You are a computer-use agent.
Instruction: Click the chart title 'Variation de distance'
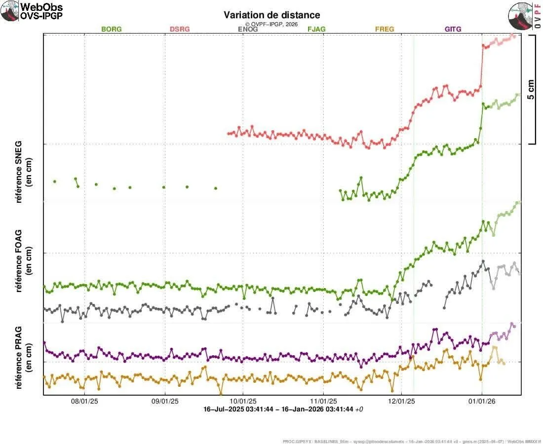[x=271, y=15]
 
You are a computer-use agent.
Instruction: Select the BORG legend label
[x=111, y=29]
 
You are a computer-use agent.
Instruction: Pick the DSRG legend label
[x=179, y=29]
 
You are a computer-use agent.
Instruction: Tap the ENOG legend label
[x=248, y=29]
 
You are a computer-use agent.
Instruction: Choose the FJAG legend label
[x=316, y=29]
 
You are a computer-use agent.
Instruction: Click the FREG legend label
[x=385, y=29]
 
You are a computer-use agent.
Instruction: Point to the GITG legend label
[x=453, y=29]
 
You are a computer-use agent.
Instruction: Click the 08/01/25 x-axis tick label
[x=84, y=402]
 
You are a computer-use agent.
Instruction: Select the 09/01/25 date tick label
[x=164, y=402]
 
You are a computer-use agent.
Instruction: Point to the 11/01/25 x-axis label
[x=323, y=402]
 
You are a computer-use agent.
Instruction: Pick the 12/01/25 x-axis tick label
[x=401, y=402]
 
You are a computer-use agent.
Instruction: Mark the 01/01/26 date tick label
[x=482, y=402]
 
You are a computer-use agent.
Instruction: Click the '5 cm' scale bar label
[x=531, y=89]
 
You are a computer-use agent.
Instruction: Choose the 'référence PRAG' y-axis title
[x=22, y=350]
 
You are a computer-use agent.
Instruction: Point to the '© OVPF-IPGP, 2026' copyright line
[x=271, y=24]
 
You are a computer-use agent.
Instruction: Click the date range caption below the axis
[x=283, y=409]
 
